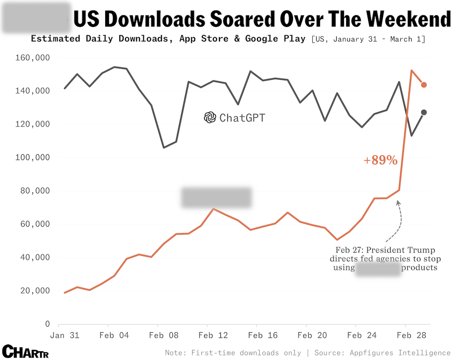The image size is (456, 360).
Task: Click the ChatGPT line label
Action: [242, 118]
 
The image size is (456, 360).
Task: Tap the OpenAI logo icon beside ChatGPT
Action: [210, 118]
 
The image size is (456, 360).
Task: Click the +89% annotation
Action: [380, 160]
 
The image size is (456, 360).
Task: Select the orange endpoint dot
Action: [424, 85]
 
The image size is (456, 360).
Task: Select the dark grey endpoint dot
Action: [424, 112]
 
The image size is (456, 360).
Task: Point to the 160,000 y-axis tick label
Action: [32, 58]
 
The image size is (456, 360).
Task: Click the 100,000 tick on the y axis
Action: [32, 158]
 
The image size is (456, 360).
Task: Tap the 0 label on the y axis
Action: [47, 324]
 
